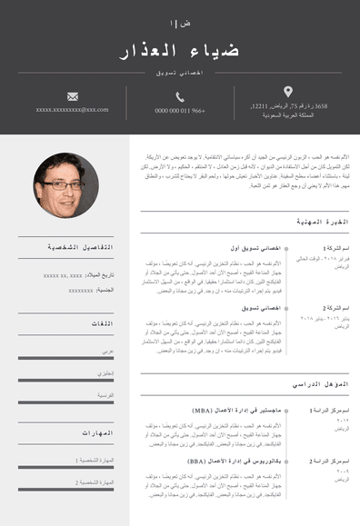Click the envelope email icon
pos(73,95)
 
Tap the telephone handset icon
pos(180,96)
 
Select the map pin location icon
pos(288,92)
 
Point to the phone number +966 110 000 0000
pos(180,111)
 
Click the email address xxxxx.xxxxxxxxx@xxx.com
pos(73,110)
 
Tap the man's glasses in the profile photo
pos(65,184)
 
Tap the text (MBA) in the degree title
pos(203,411)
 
